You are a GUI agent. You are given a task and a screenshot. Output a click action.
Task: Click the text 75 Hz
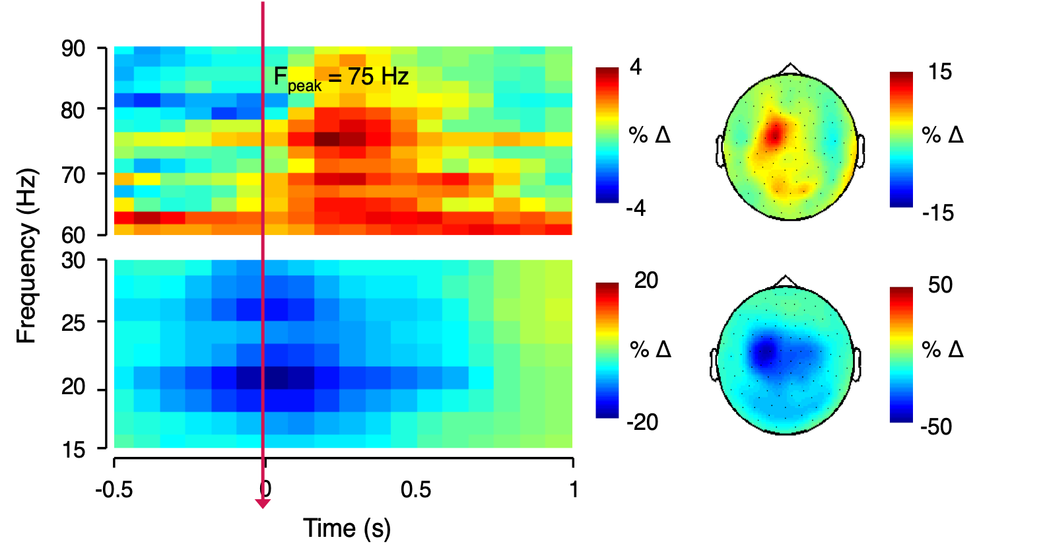click(x=378, y=77)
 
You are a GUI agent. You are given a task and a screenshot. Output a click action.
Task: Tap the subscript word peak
click(x=305, y=87)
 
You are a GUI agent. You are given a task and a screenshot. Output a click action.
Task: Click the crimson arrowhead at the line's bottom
click(x=263, y=504)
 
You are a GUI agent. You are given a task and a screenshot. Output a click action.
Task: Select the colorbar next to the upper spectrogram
click(x=607, y=135)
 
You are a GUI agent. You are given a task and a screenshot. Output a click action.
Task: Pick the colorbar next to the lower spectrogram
click(x=607, y=351)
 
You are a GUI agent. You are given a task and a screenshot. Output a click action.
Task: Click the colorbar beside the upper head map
click(x=900, y=140)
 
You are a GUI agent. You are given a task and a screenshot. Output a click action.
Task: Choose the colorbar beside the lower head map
click(x=900, y=355)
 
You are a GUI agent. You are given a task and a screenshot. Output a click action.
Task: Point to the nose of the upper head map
click(x=790, y=69)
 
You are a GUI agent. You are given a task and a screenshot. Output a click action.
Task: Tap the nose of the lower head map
click(x=785, y=281)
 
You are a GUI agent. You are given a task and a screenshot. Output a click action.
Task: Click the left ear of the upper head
click(x=720, y=151)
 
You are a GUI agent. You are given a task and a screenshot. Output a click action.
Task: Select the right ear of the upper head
click(x=861, y=151)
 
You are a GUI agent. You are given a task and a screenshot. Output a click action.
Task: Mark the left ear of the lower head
click(x=714, y=364)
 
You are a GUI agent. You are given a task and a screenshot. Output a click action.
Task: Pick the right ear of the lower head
click(x=857, y=364)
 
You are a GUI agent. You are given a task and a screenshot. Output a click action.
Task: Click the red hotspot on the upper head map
click(x=774, y=134)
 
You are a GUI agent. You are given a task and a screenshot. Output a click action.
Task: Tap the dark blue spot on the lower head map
click(x=765, y=350)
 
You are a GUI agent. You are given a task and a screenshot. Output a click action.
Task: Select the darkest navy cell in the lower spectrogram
click(x=276, y=378)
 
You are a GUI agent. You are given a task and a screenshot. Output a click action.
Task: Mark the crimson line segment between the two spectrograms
click(x=263, y=247)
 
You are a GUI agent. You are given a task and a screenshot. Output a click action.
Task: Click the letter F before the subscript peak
click(x=280, y=77)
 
